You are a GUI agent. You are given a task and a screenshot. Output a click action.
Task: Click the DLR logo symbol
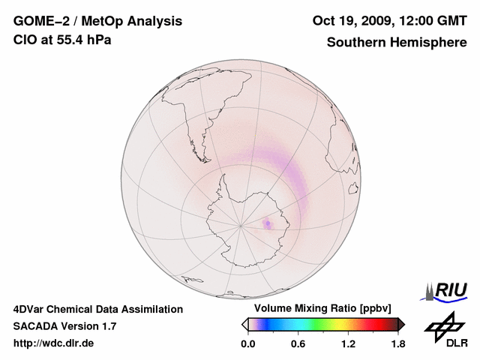tap(442, 324)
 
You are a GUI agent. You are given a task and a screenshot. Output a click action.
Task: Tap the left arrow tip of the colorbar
tap(244, 324)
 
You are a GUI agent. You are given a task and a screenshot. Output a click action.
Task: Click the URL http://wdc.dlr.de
tap(54, 343)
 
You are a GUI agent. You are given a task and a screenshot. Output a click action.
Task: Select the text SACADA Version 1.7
tap(64, 326)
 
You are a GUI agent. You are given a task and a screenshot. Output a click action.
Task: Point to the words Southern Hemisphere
tap(397, 43)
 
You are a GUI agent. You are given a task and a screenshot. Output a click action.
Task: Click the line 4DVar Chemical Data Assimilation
tap(97, 309)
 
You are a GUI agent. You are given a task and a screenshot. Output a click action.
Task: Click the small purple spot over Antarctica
tap(268, 223)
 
